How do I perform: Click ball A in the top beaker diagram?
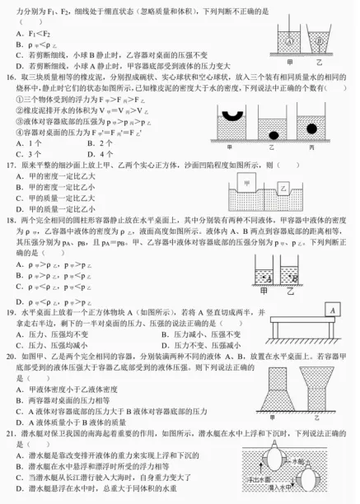click(288, 41)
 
